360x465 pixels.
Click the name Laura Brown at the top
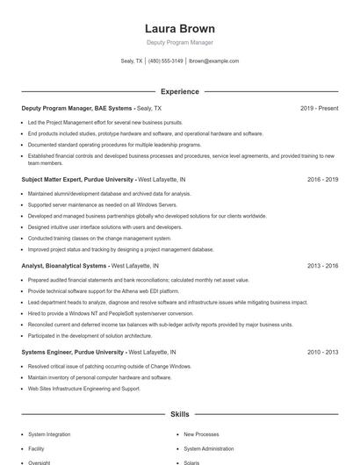click(179, 29)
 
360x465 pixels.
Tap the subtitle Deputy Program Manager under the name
click(179, 42)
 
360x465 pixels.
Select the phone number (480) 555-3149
click(165, 61)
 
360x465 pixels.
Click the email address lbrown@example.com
click(214, 61)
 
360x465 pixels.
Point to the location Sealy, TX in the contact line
click(132, 61)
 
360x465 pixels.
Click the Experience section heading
click(179, 91)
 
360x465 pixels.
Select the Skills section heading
click(179, 413)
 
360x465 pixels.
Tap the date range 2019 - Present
click(319, 108)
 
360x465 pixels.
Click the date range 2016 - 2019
click(322, 179)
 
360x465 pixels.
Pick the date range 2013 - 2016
click(322, 265)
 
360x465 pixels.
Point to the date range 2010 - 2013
click(322, 352)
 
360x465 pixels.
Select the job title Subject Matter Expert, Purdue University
click(77, 179)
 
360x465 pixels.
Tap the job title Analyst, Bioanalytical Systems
click(64, 265)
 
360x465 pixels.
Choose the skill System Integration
click(48, 433)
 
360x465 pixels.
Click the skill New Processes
click(201, 433)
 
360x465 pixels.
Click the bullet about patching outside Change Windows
click(109, 366)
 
